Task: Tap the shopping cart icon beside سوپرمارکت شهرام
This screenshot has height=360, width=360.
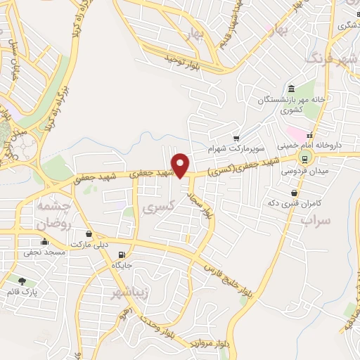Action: tap(237, 139)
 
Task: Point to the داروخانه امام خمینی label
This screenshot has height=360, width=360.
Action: tap(308, 145)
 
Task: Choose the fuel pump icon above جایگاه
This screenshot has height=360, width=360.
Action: tap(122, 254)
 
